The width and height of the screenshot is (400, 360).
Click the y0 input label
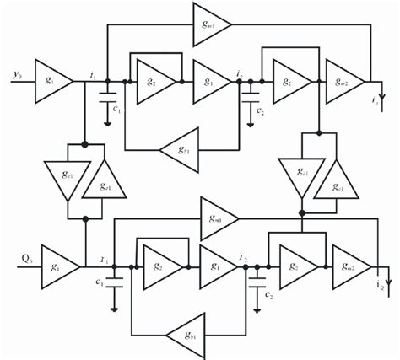tap(16, 75)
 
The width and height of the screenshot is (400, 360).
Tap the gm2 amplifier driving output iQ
tap(349, 264)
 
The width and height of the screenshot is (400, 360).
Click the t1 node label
tap(92, 73)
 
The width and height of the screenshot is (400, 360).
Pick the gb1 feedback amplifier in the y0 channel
tap(179, 150)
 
